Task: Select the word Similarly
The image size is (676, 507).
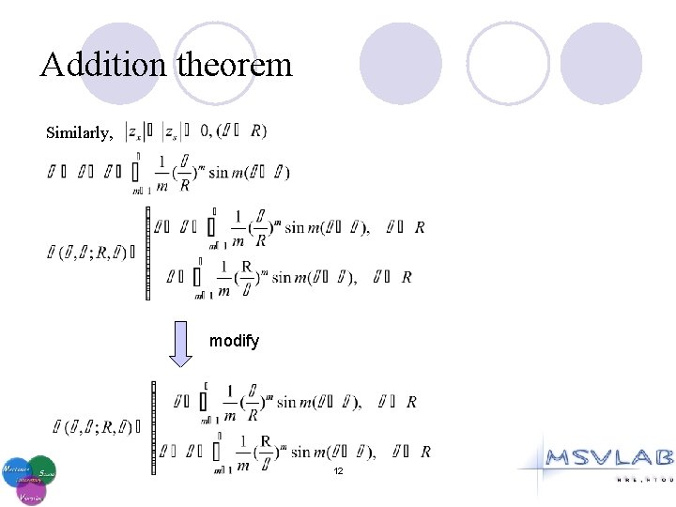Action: coord(80,132)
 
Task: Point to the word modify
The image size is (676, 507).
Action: coord(234,341)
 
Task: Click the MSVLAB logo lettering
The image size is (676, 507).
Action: coord(611,458)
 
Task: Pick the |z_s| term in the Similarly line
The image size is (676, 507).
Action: coord(172,132)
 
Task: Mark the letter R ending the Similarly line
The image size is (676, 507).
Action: coord(257,131)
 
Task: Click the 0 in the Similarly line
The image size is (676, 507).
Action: coord(205,131)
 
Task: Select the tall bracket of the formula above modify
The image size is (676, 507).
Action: coord(147,253)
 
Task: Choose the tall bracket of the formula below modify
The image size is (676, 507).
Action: coord(152,427)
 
